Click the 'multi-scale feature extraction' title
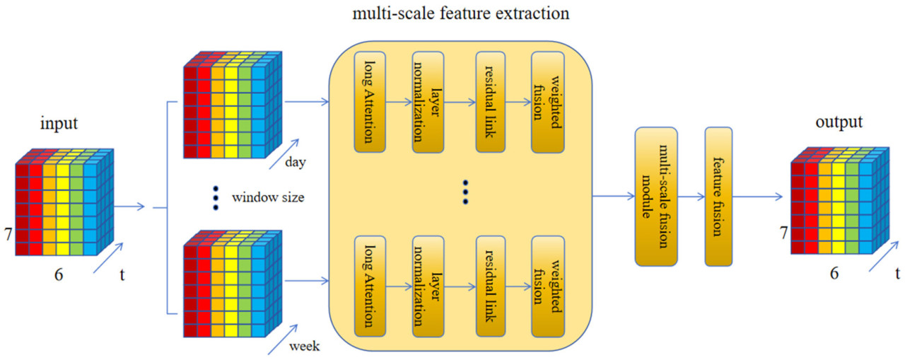(x=452, y=13)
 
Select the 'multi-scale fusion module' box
(x=656, y=197)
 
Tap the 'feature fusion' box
(x=718, y=197)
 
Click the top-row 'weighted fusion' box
(x=549, y=101)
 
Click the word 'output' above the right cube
(x=839, y=122)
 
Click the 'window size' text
(x=268, y=197)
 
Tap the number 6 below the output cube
(x=834, y=274)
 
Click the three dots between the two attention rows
(x=465, y=192)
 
